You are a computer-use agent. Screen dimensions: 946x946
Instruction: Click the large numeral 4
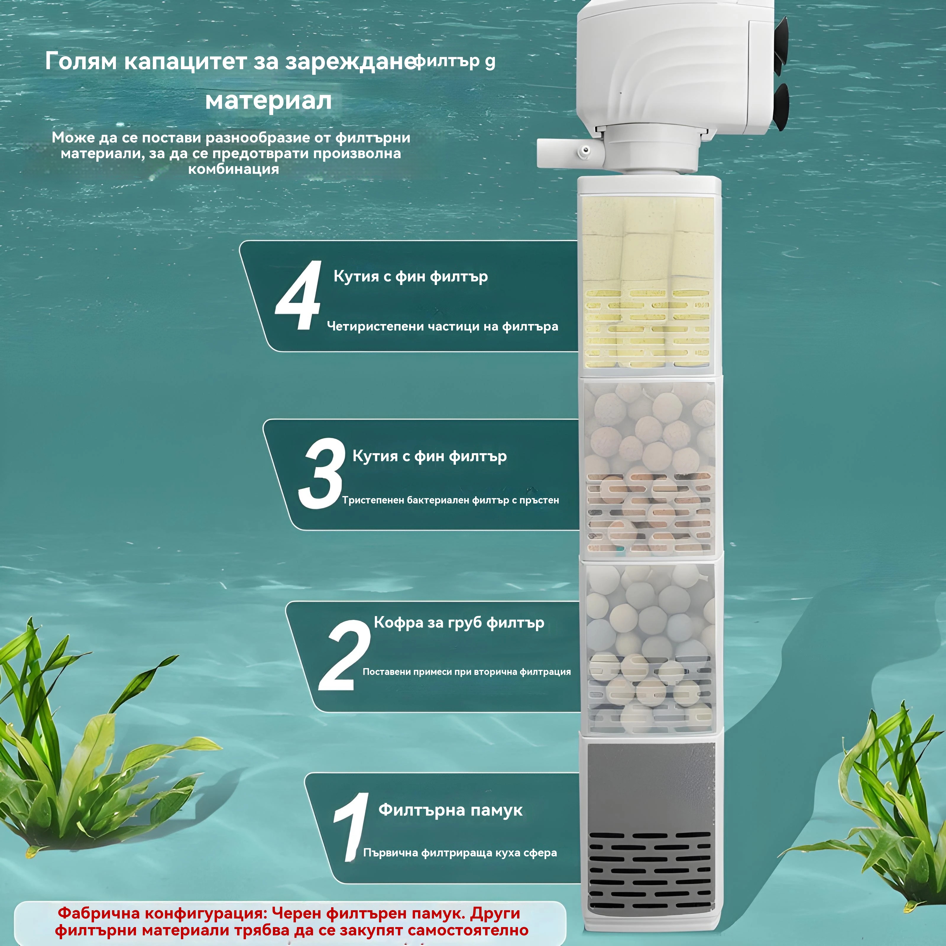coord(299,296)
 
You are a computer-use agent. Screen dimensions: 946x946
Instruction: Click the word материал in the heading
coord(268,101)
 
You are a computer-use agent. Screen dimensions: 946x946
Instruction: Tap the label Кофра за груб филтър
coord(459,623)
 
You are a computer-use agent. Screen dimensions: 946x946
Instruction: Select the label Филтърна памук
coord(451,810)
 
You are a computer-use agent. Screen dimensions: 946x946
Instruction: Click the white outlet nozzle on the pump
coord(568,152)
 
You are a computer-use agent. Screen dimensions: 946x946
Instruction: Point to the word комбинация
coord(234,169)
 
